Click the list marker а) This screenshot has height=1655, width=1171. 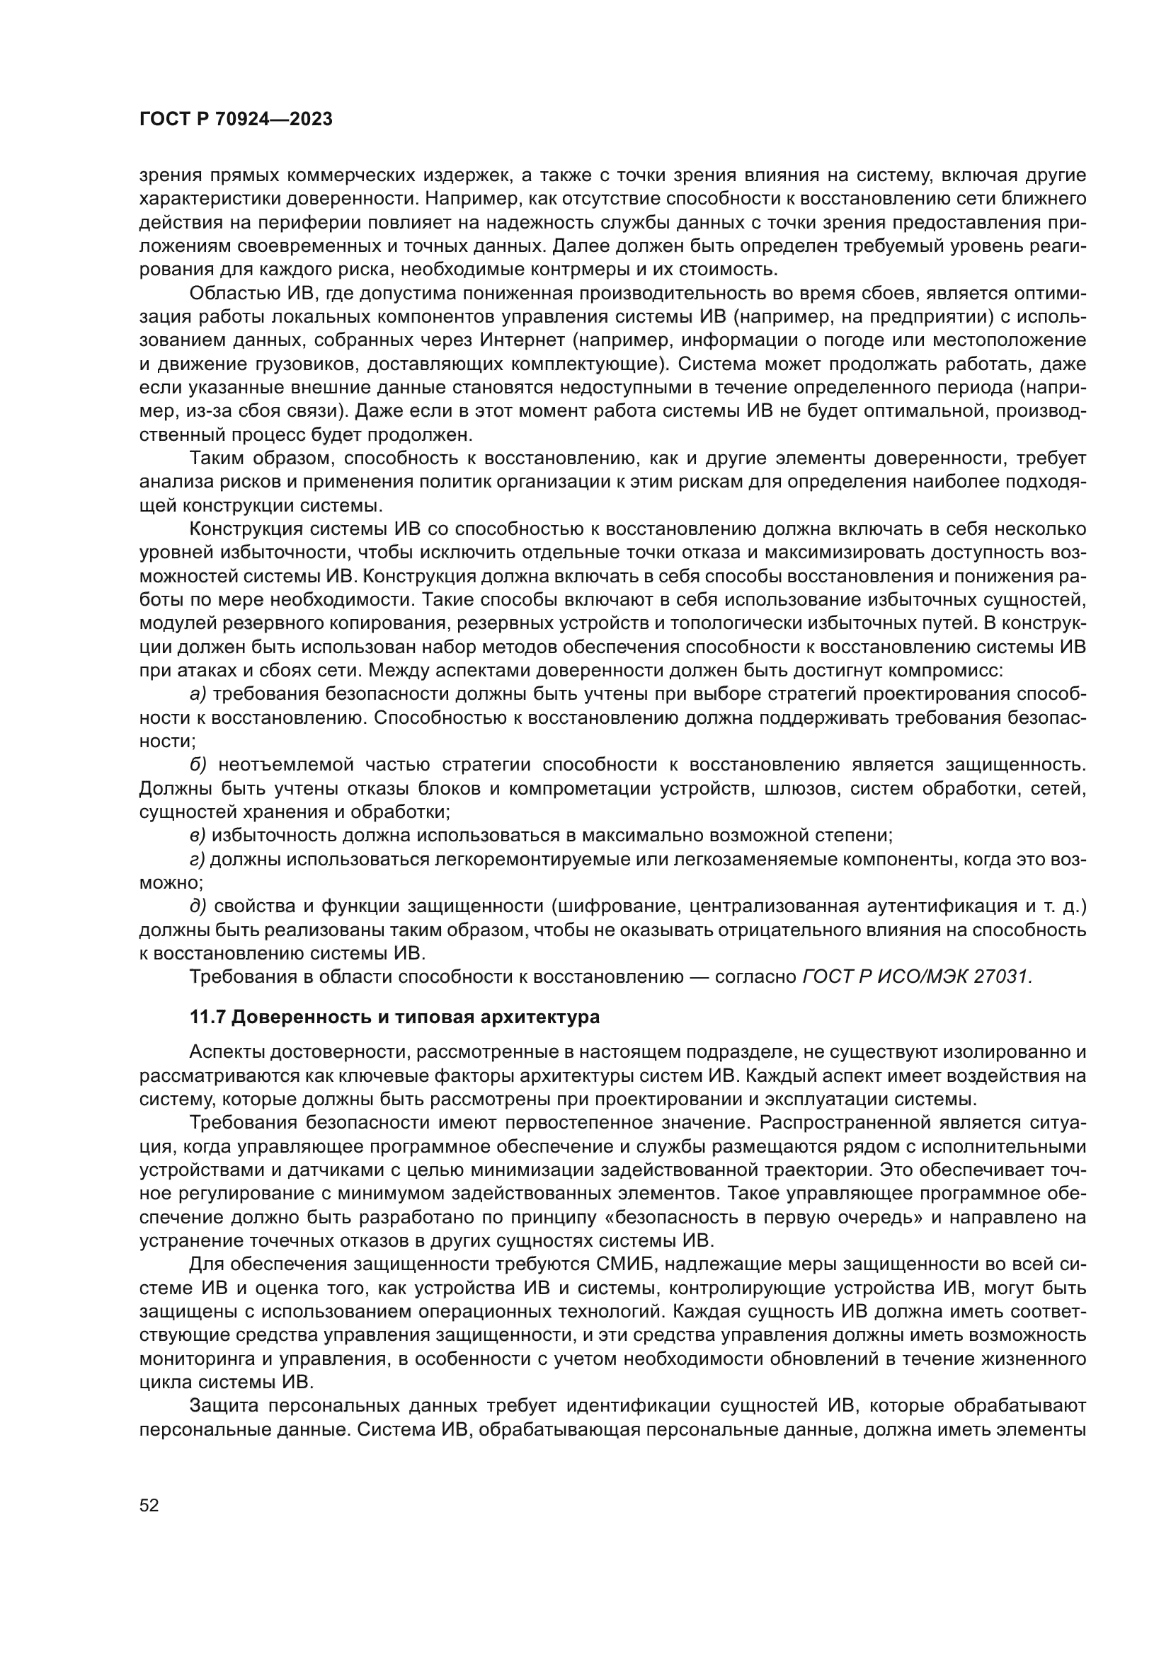point(198,694)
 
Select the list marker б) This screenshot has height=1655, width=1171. point(198,765)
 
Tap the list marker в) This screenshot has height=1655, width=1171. point(198,836)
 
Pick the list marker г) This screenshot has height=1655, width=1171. point(197,859)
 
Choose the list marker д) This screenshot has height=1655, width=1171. point(198,906)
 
